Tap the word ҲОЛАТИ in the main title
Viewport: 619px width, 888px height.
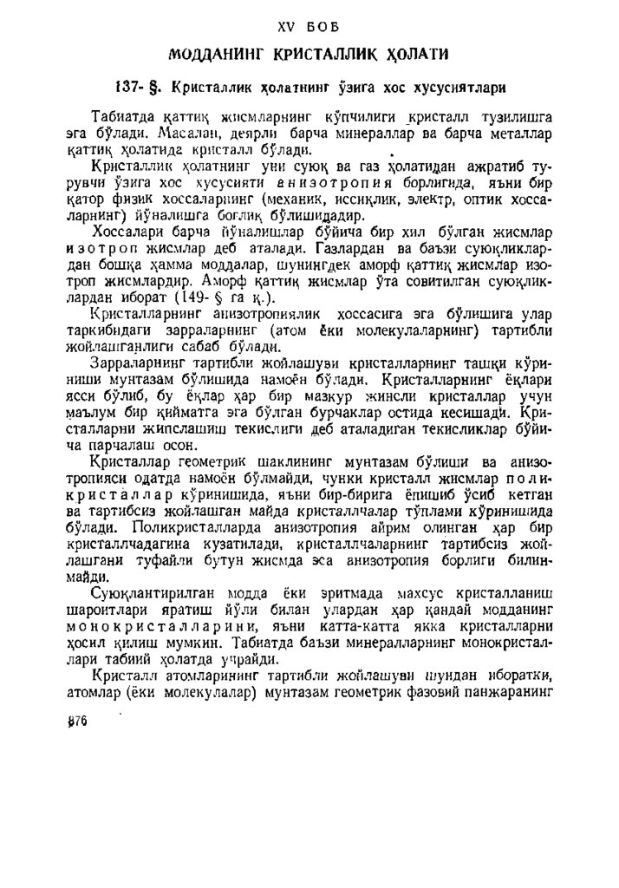pos(414,55)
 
